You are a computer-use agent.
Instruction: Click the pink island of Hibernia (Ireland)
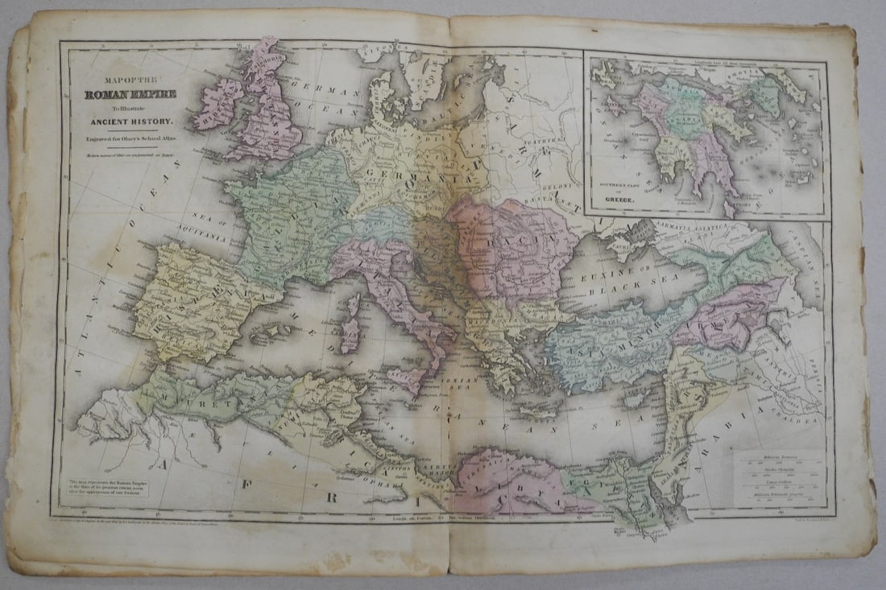217,103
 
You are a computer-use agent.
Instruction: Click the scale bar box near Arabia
778,478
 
